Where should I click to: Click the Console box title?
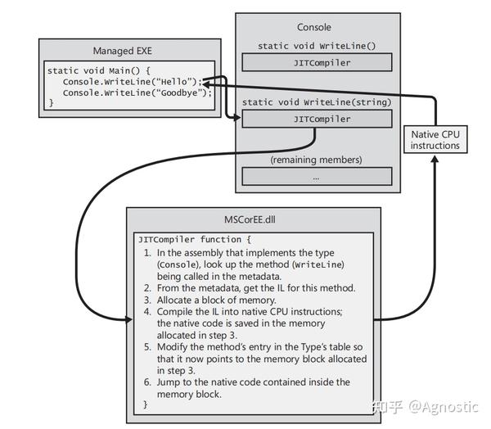(x=314, y=27)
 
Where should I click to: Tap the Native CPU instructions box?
(x=435, y=139)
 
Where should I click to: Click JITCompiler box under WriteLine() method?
(x=316, y=63)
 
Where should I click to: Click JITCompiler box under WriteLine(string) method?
(x=316, y=119)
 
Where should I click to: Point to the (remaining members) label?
(x=316, y=159)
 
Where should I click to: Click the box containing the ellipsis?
(x=316, y=176)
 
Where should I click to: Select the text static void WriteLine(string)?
(x=316, y=102)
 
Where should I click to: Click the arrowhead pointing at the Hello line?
(x=205, y=83)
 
